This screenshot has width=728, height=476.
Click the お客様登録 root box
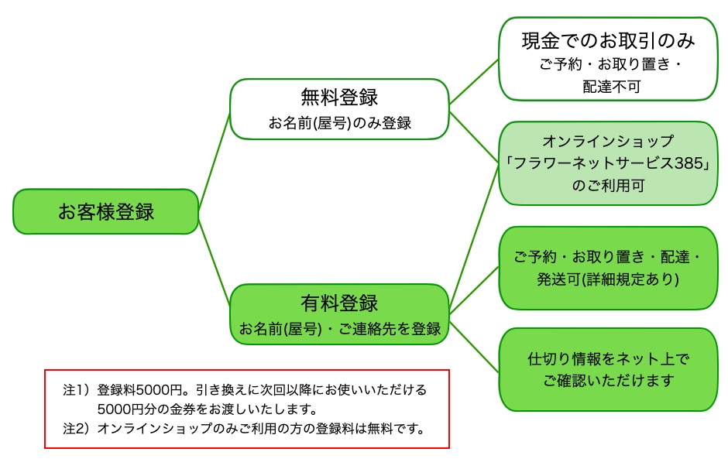point(106,211)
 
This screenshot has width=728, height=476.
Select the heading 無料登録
point(339,98)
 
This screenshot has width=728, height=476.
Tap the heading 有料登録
point(339,302)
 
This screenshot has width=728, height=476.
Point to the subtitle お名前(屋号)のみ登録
point(339,122)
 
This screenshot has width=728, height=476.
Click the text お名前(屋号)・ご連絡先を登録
point(339,328)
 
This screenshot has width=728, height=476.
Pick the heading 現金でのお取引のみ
point(608,39)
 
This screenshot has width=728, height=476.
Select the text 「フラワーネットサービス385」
point(608,164)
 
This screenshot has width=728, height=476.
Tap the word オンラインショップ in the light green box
point(608,142)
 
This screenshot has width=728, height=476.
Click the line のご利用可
point(608,187)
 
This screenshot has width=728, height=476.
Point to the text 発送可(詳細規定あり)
point(608,279)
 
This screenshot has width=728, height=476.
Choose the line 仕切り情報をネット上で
point(608,359)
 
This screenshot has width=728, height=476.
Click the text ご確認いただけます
point(608,381)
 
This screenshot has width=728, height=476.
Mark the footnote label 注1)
point(77,389)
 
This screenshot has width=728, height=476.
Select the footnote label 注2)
point(77,428)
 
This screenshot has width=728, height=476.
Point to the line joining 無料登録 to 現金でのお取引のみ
point(474,81)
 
